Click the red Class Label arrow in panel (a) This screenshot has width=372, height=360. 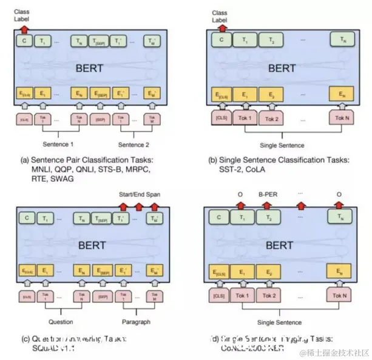tap(24, 28)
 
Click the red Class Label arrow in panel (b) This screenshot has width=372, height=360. tap(220, 28)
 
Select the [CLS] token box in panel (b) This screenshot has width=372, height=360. tap(220, 117)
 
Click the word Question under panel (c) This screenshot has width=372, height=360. tap(61, 322)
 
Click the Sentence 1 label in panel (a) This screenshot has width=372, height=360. tap(59, 144)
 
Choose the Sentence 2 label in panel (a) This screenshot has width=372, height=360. tap(134, 144)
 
